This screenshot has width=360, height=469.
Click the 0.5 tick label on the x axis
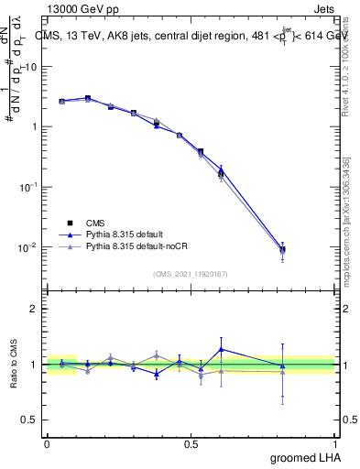[x=191, y=444]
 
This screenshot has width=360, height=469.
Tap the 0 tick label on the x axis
[x=47, y=444]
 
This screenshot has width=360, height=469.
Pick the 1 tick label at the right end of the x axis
[x=334, y=444]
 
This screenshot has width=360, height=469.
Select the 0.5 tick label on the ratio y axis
[x=30, y=420]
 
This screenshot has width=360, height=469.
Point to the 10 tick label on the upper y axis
[x=30, y=67]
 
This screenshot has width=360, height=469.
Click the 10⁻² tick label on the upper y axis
[x=29, y=247]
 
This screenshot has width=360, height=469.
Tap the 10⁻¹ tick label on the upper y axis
[x=29, y=187]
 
